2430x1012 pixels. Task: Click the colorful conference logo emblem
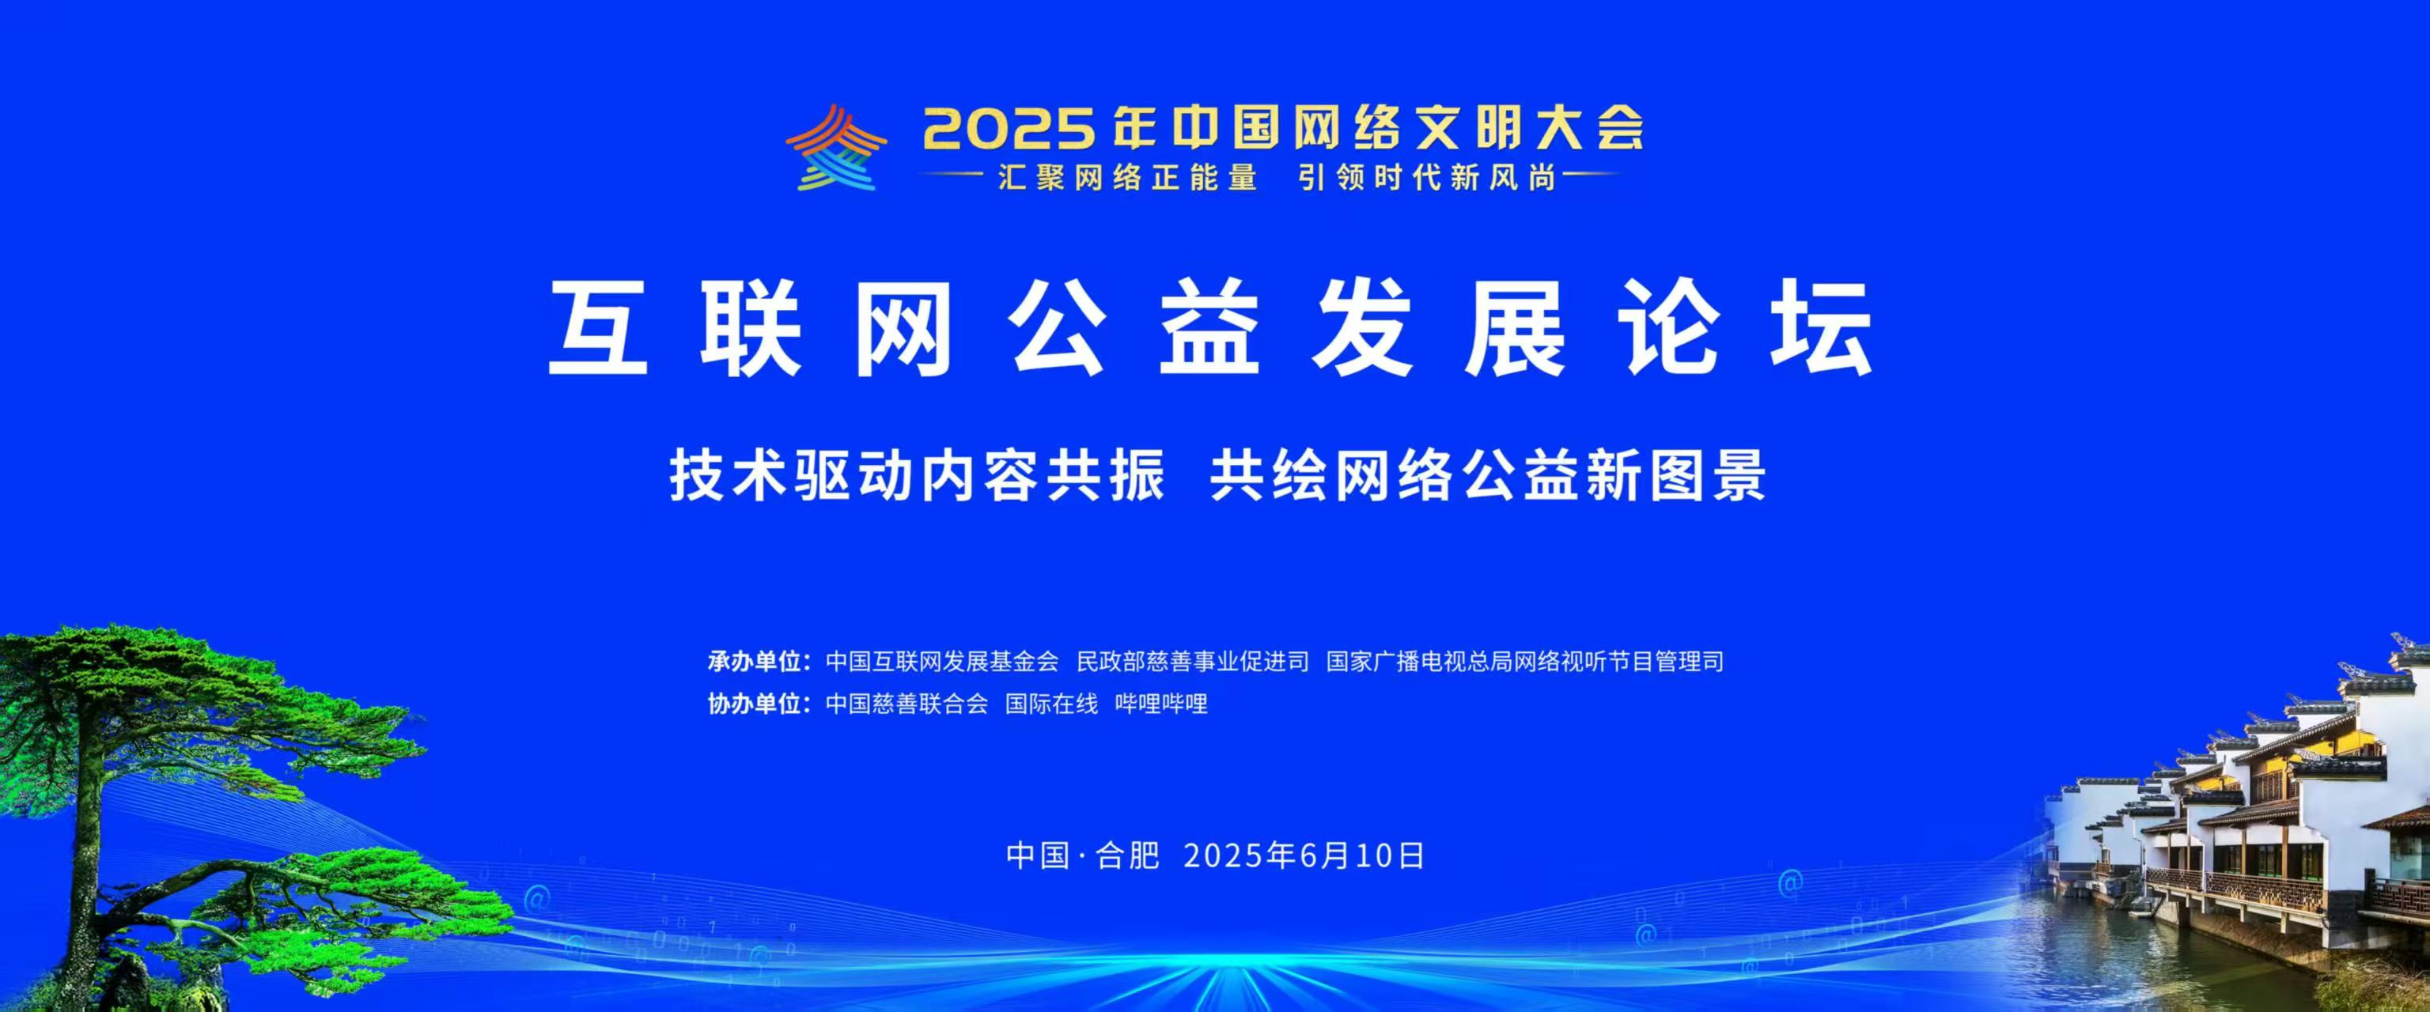[836, 147]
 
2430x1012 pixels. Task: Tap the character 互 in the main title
[598, 329]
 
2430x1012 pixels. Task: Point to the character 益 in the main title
[1210, 329]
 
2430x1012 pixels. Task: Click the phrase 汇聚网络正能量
[1128, 177]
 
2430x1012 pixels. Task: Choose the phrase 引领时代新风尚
[1427, 177]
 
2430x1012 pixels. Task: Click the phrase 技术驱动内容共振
[917, 475]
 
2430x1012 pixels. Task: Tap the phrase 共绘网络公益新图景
[1489, 475]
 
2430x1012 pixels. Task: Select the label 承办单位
[755, 661]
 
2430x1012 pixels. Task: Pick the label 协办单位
[755, 704]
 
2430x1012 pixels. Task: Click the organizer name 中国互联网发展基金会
[942, 661]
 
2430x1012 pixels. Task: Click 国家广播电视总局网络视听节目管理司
[1525, 661]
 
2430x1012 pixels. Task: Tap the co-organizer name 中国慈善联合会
[907, 704]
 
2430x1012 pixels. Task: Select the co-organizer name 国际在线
[1052, 704]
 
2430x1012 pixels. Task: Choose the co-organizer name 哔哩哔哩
[1161, 704]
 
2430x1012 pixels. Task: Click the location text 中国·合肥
[1083, 855]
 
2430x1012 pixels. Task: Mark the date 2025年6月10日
[1304, 855]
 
